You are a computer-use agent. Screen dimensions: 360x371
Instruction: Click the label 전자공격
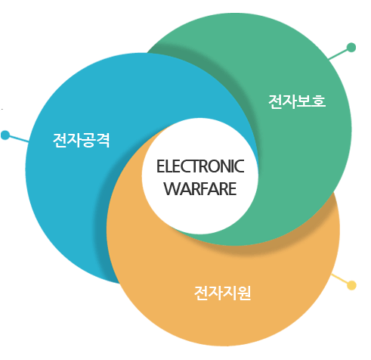pyautogui.click(x=81, y=140)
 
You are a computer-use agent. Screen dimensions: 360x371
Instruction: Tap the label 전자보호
pyautogui.click(x=297, y=101)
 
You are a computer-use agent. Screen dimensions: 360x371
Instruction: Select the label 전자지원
pyautogui.click(x=222, y=291)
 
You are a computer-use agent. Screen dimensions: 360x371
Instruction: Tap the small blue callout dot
pyautogui.click(x=5, y=135)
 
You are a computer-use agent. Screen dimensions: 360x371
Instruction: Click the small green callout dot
pyautogui.click(x=351, y=48)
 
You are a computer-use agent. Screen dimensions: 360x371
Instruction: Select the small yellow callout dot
pyautogui.click(x=351, y=285)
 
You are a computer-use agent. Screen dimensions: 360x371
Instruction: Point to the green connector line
pyautogui.click(x=339, y=54)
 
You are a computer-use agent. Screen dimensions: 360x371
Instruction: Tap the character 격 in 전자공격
pyautogui.click(x=103, y=140)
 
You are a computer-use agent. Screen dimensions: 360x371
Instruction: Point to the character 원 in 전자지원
pyautogui.click(x=243, y=291)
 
